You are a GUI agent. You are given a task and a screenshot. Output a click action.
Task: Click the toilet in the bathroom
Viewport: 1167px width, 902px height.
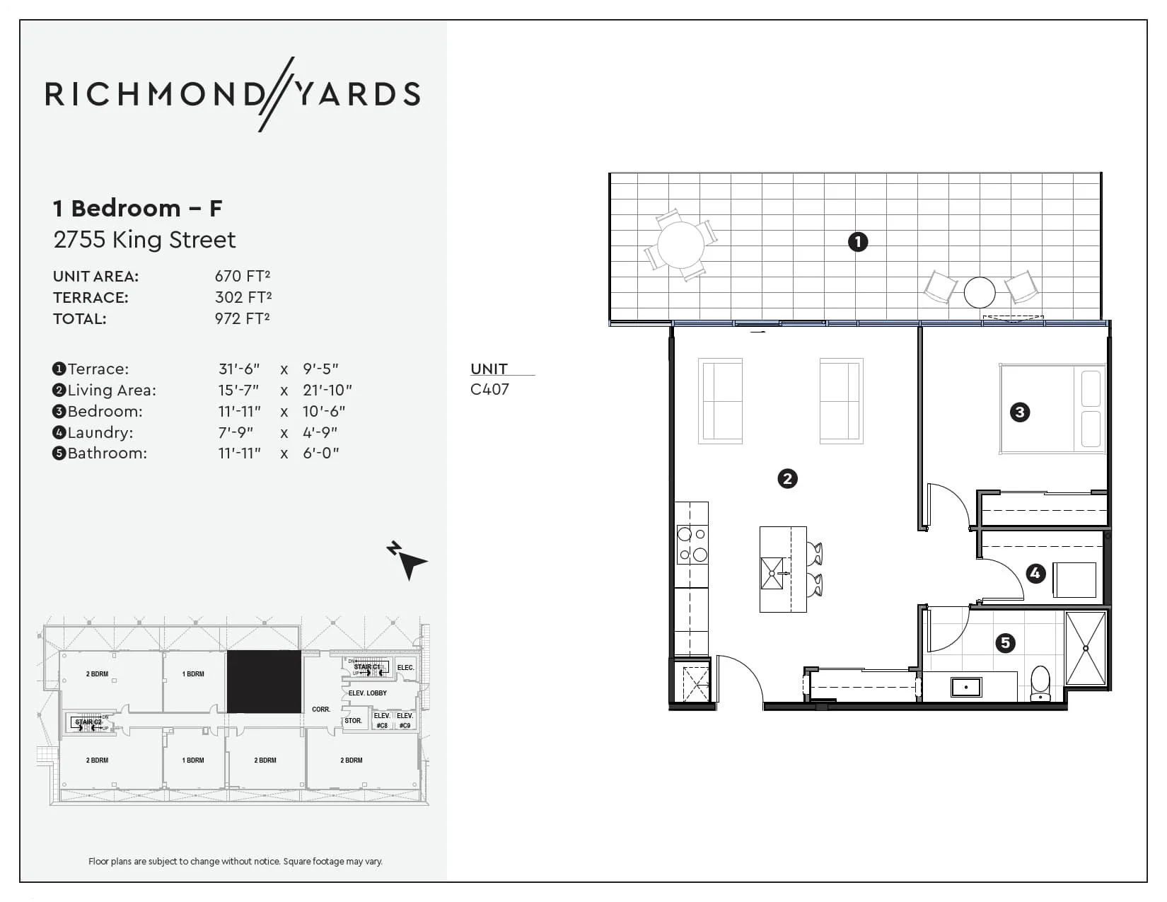click(1040, 683)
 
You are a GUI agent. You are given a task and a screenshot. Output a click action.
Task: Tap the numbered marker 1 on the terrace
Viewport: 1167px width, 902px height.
click(858, 242)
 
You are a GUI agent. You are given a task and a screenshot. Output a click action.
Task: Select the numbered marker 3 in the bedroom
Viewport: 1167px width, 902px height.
click(1020, 412)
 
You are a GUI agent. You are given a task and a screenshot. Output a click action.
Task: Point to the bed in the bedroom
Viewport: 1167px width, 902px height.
click(1052, 408)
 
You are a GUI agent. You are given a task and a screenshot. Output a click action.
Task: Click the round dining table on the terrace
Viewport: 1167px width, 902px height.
click(680, 245)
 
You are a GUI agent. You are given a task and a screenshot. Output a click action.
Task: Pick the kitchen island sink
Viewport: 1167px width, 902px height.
click(772, 573)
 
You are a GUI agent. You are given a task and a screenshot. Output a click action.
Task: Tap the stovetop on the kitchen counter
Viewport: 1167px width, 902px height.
click(692, 544)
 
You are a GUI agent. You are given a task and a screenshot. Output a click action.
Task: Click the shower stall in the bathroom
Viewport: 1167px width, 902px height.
click(1085, 648)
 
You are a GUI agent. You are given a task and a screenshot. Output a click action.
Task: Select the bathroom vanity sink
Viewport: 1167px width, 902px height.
click(965, 686)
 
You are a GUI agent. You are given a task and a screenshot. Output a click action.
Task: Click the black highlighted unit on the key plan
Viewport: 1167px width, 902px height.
click(264, 681)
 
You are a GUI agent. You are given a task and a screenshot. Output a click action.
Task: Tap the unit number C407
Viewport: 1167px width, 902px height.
click(489, 389)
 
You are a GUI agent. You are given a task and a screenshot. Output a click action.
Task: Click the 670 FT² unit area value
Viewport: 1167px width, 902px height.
click(243, 276)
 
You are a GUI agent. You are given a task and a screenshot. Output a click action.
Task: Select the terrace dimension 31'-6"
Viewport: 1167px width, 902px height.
click(239, 369)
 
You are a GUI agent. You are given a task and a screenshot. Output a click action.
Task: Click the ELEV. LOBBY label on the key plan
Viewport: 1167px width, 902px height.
click(368, 693)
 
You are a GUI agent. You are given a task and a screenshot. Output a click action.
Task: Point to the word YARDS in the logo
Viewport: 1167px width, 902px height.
click(357, 94)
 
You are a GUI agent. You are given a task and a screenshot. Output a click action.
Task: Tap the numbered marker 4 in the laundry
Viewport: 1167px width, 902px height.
click(1035, 573)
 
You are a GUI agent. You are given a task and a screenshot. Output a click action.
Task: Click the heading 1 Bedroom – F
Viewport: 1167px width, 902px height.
click(138, 208)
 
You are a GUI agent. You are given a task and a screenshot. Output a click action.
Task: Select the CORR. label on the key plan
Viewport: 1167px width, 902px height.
click(321, 709)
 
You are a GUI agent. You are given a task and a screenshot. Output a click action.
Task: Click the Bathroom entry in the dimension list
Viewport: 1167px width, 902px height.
click(107, 453)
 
